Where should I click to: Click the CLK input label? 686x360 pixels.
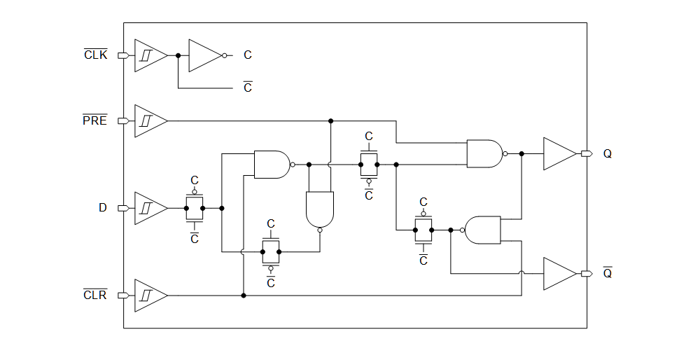click(96, 55)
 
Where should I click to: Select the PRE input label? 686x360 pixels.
click(95, 120)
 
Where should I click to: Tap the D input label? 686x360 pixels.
click(103, 208)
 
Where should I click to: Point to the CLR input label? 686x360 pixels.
click(95, 295)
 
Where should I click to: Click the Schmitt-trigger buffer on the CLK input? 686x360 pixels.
click(149, 55)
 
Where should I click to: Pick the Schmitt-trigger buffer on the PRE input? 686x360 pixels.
click(149, 121)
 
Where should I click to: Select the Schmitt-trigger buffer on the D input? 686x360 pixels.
click(149, 208)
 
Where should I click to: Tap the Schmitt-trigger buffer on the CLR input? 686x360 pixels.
click(149, 296)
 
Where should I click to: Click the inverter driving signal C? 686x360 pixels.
click(205, 55)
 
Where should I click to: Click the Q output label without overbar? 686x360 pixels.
click(607, 153)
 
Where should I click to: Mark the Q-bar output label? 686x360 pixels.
click(607, 273)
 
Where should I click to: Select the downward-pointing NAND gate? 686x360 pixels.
click(320, 209)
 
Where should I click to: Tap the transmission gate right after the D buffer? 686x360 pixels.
click(195, 208)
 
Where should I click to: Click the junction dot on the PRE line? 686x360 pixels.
click(330, 121)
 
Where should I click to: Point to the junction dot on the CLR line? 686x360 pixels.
click(243, 296)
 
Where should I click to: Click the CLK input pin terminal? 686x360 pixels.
click(122, 55)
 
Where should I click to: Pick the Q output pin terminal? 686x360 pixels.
click(587, 153)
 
